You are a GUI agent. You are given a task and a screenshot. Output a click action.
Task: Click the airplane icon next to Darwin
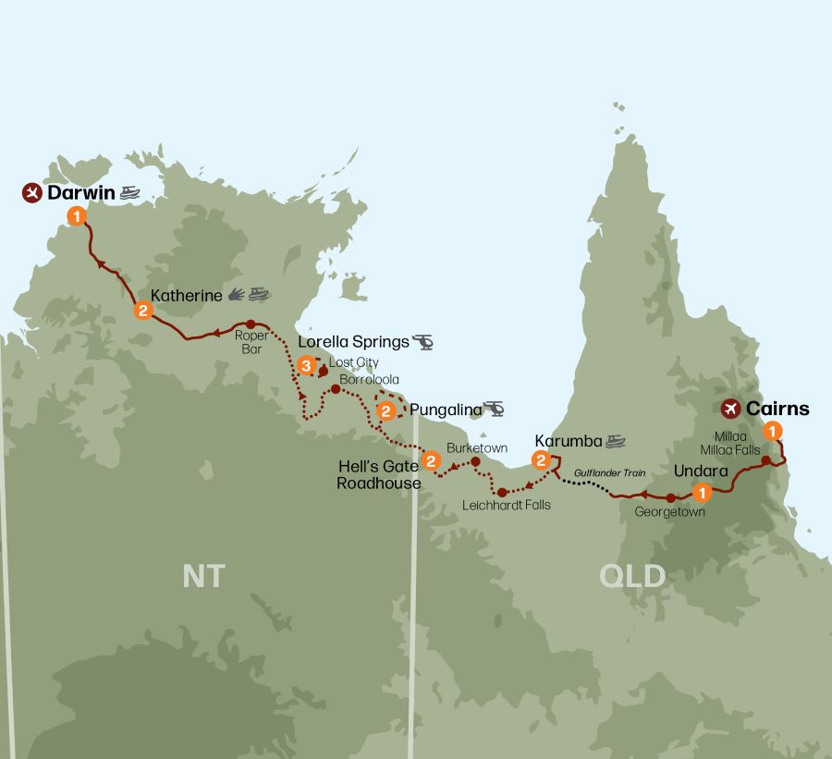tap(32, 193)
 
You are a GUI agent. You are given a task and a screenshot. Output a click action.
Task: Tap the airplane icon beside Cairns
tap(731, 408)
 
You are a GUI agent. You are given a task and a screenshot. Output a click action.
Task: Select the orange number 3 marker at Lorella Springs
tap(307, 367)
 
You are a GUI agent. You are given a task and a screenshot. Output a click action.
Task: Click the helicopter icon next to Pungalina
tap(494, 409)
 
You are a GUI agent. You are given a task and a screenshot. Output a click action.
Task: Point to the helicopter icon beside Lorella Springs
tap(423, 342)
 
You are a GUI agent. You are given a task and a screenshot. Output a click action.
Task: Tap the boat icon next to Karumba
tap(616, 441)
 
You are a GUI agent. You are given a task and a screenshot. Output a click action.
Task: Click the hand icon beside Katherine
tap(237, 295)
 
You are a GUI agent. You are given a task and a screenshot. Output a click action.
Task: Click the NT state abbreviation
tap(203, 575)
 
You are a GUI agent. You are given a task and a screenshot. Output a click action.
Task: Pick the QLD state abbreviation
tap(631, 576)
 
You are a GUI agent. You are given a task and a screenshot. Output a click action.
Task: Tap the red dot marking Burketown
tap(475, 461)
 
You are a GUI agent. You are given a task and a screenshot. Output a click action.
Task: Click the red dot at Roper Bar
tap(251, 324)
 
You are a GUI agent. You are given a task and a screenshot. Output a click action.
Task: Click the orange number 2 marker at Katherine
tap(142, 310)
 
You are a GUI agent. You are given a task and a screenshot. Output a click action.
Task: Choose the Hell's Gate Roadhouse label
tap(379, 475)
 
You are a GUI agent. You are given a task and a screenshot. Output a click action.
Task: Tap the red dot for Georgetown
tap(670, 498)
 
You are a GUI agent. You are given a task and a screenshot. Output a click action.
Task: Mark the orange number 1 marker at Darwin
tap(77, 215)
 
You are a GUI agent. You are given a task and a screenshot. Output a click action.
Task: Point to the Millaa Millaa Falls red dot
tap(765, 459)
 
